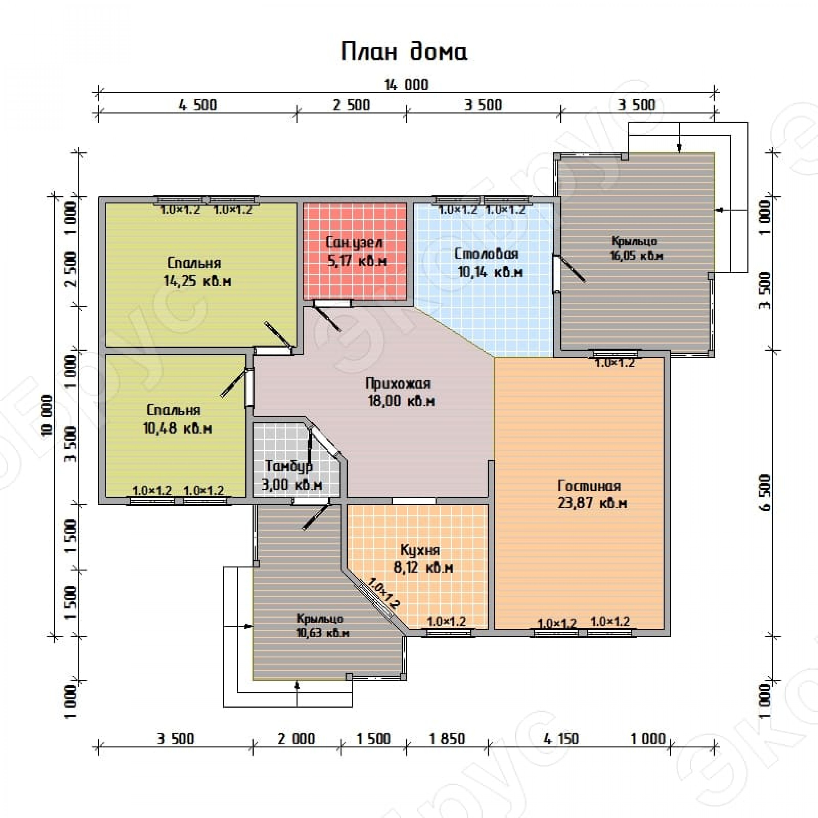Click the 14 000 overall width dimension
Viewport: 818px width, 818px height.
pyautogui.click(x=407, y=85)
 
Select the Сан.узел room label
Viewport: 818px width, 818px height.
pyautogui.click(x=354, y=243)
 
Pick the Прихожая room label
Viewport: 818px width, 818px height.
pyautogui.click(x=398, y=384)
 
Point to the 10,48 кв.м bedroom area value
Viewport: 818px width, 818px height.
pyautogui.click(x=178, y=428)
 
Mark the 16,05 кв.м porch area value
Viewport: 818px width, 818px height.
pyautogui.click(x=636, y=256)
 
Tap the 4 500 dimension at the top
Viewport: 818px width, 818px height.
pyautogui.click(x=197, y=105)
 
